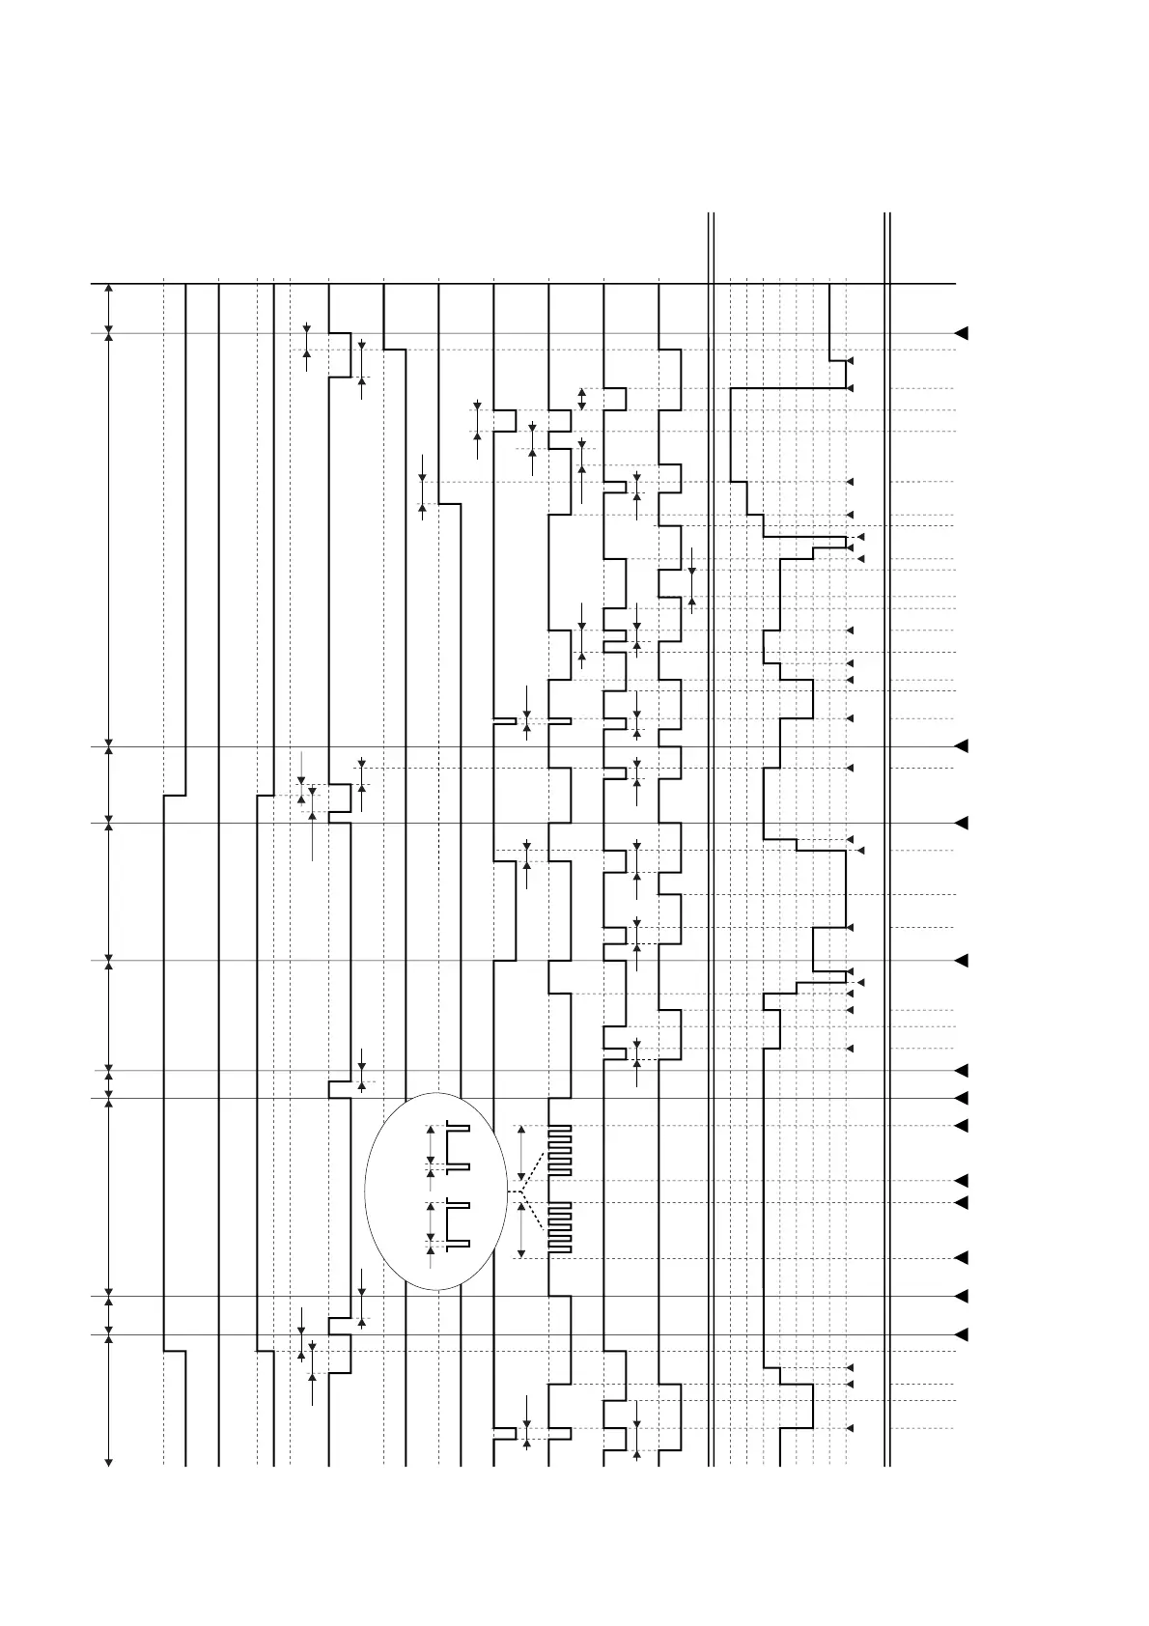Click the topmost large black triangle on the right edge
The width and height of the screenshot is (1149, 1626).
click(x=961, y=334)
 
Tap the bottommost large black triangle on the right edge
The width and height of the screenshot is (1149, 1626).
click(x=961, y=1335)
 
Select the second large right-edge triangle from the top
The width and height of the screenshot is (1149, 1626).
click(x=961, y=746)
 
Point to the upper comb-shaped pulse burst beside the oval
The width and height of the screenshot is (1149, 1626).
click(x=560, y=1150)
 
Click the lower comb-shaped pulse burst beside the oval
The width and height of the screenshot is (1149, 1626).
click(x=560, y=1227)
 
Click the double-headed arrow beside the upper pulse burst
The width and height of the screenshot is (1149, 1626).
click(x=521, y=1153)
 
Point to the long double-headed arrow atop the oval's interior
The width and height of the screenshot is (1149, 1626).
click(x=431, y=1146)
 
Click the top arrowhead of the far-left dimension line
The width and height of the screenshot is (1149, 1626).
click(x=108, y=289)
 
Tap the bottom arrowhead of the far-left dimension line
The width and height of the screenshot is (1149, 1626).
click(x=108, y=1461)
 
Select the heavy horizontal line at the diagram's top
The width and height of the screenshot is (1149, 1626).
click(x=522, y=284)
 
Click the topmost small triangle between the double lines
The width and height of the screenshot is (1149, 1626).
click(x=850, y=361)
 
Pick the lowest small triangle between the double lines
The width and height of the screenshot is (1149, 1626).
click(x=850, y=1428)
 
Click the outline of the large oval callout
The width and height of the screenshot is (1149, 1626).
click(x=366, y=1191)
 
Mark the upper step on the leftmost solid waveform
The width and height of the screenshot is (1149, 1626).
click(x=175, y=796)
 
